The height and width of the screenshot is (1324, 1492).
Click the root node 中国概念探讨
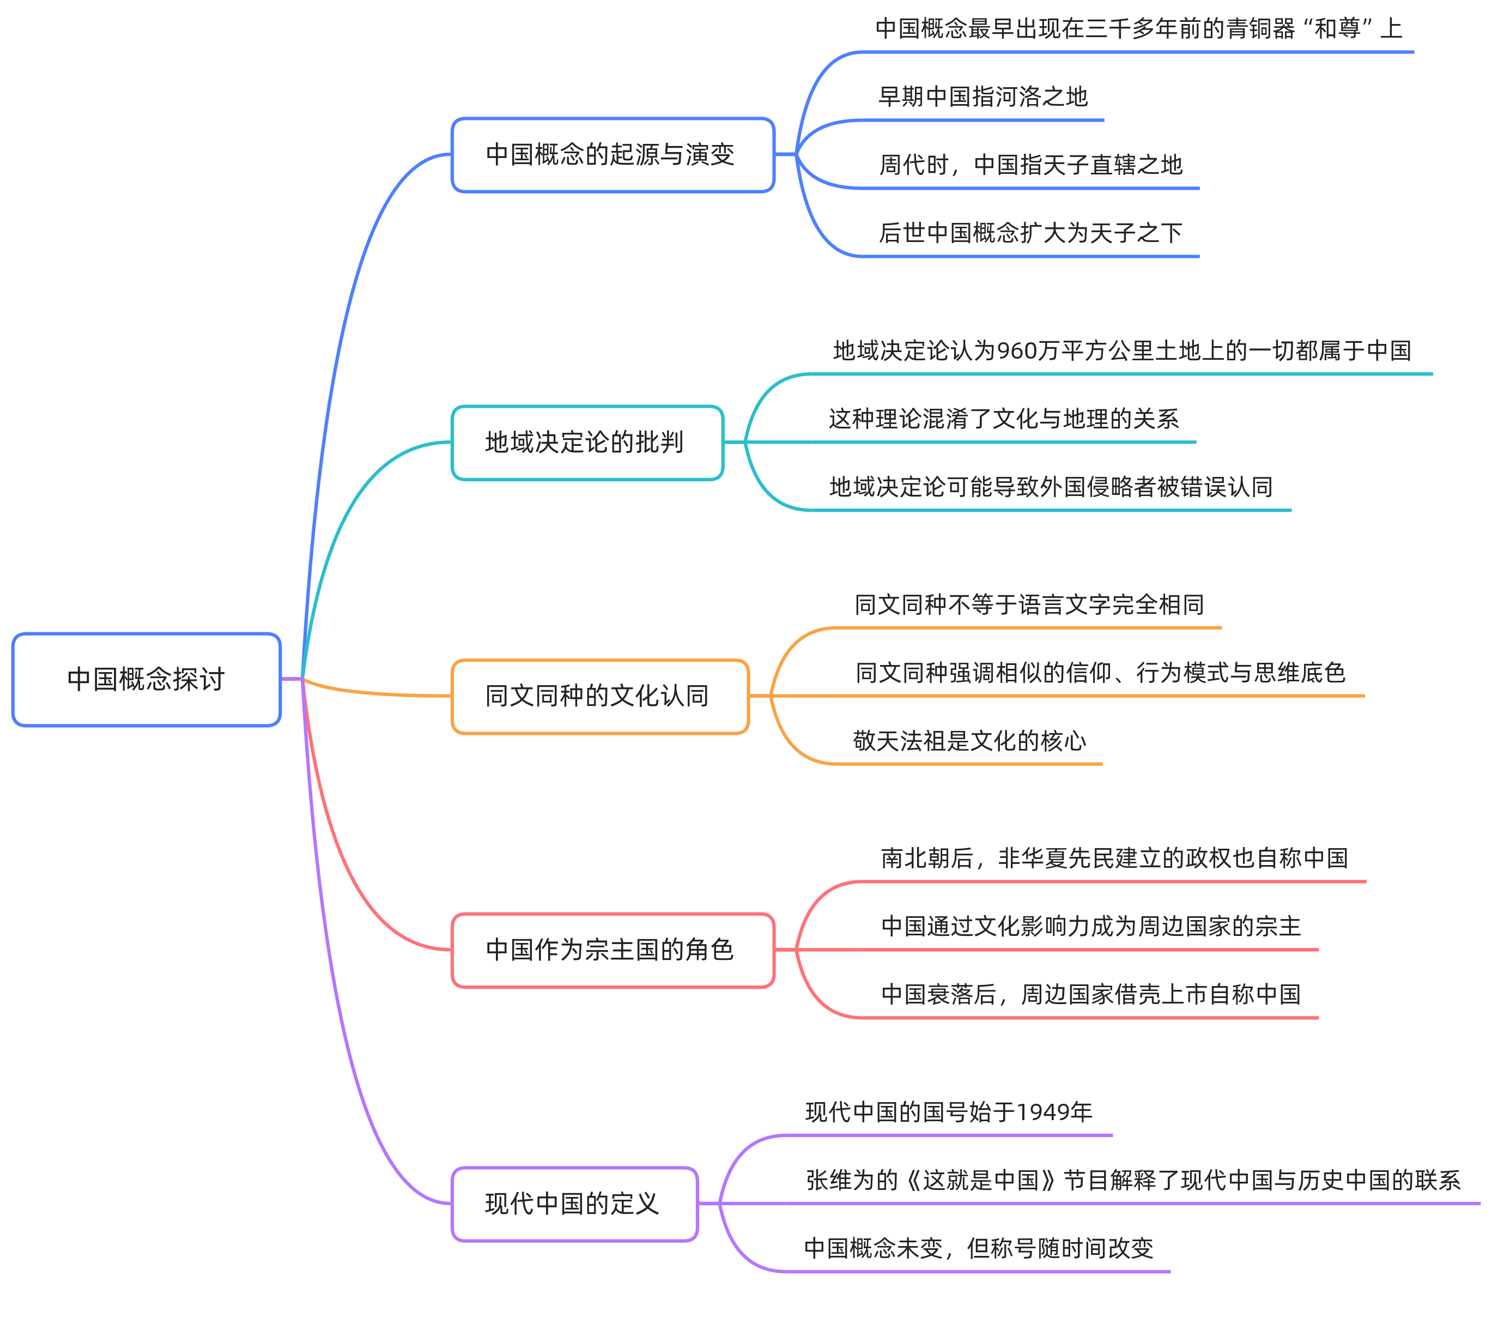(146, 679)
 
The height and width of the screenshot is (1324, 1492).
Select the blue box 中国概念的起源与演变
(612, 155)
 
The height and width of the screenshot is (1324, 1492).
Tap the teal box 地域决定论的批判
(587, 443)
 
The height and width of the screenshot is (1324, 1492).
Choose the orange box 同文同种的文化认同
(599, 696)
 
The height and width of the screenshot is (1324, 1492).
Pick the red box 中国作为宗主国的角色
(612, 950)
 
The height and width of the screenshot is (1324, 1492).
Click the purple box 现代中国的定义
(574, 1204)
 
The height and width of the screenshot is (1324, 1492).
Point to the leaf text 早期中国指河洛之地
(982, 97)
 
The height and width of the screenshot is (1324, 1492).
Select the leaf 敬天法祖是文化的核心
(969, 741)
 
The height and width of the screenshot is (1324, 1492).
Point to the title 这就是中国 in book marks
(980, 1180)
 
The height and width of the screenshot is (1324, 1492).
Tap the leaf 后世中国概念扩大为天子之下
(1030, 233)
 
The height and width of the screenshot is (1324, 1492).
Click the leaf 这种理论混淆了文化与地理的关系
(1003, 419)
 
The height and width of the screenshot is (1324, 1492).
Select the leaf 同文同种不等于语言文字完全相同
(1028, 604)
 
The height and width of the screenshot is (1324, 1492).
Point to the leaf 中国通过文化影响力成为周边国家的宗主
(1090, 927)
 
